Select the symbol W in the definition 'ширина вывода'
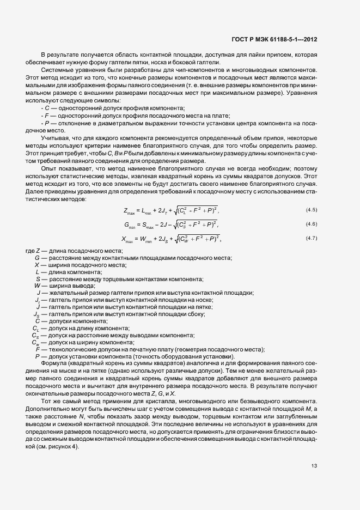click(x=38, y=286)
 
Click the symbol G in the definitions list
click(x=37, y=257)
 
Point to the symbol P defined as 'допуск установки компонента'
click(x=37, y=356)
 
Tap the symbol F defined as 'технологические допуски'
click(x=37, y=349)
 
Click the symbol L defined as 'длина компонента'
click(x=37, y=271)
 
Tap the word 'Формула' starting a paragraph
click(x=53, y=363)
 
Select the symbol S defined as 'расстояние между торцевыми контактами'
click(x=37, y=278)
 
